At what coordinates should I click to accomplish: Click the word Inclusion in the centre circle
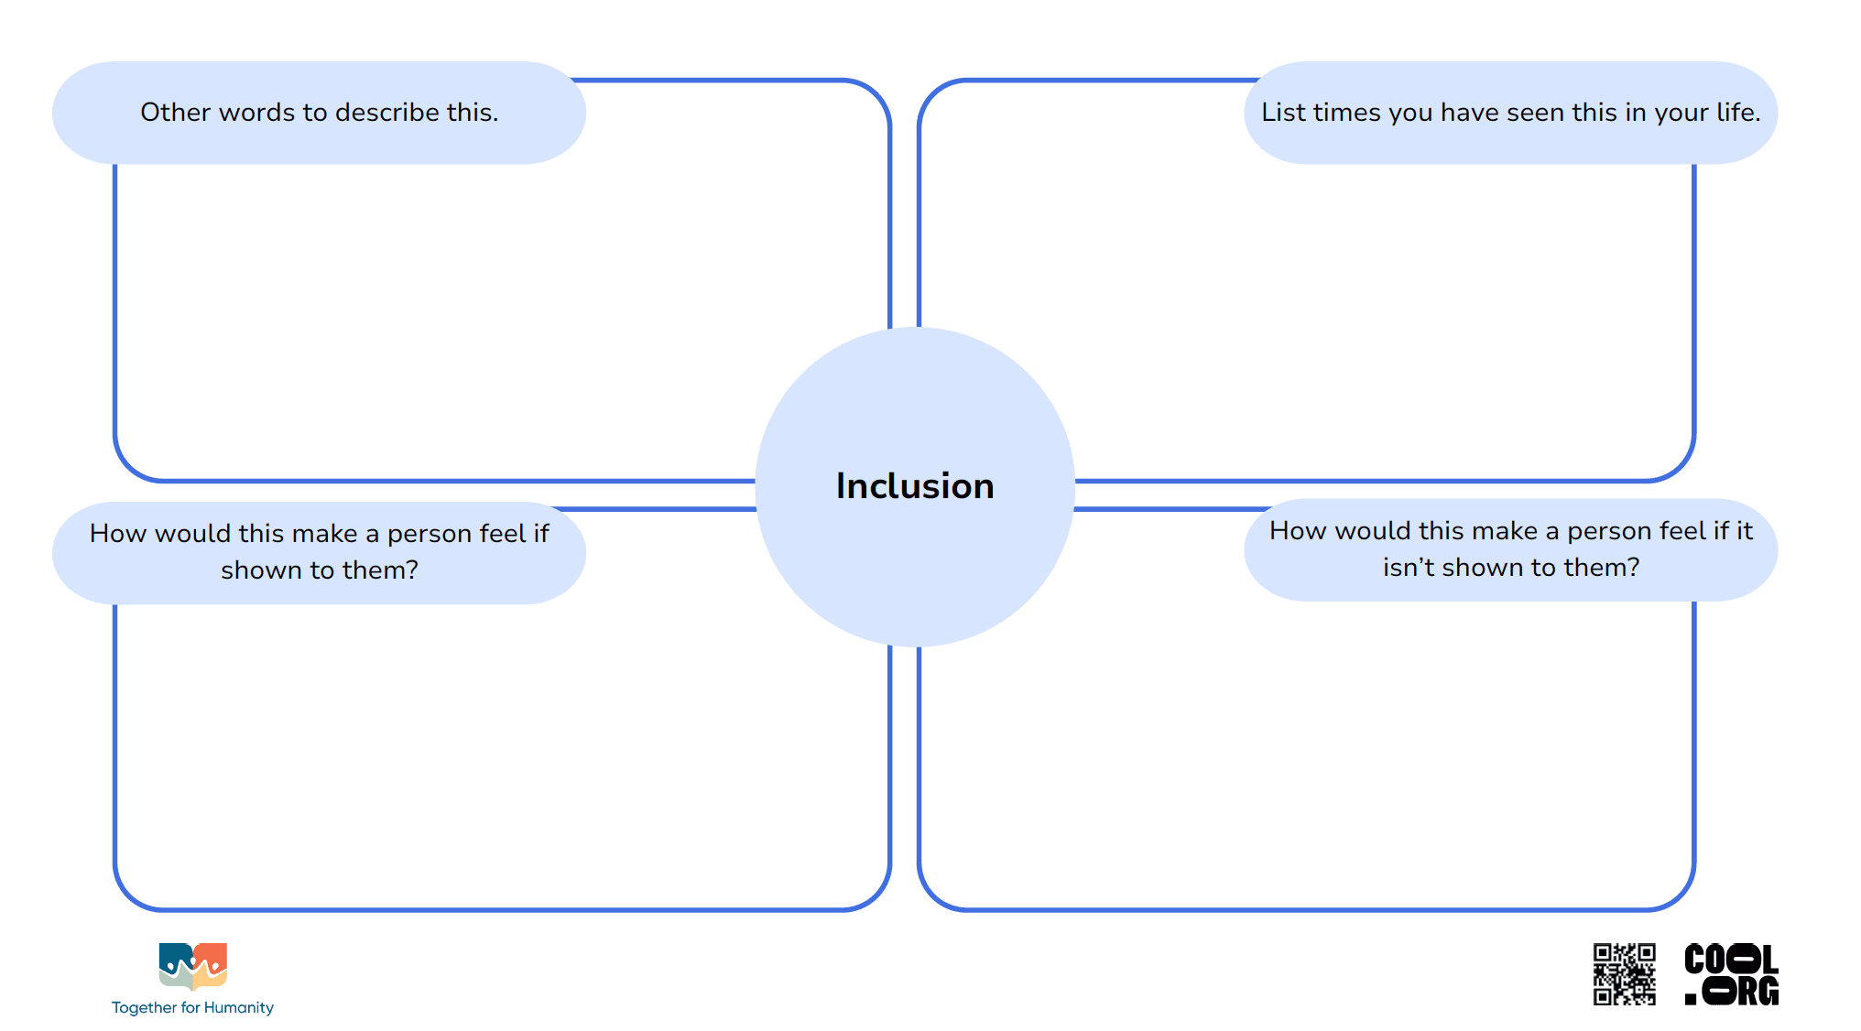[x=915, y=485]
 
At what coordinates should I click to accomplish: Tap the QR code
[x=1624, y=974]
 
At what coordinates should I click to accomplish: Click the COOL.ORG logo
[x=1731, y=974]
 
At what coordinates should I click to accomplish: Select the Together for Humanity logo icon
[x=192, y=967]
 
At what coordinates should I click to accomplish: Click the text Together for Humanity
[x=192, y=1007]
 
